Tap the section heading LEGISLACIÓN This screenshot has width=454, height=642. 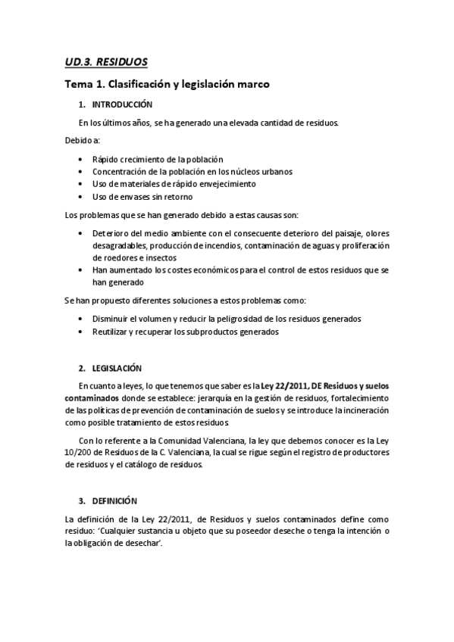pyautogui.click(x=117, y=368)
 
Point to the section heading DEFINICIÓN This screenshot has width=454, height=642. pyautogui.click(x=114, y=500)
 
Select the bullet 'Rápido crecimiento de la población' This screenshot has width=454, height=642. pyautogui.click(x=157, y=159)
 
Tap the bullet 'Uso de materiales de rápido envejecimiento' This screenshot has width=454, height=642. pyautogui.click(x=174, y=184)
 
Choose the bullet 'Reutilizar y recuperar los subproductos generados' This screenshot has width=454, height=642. pyautogui.click(x=185, y=332)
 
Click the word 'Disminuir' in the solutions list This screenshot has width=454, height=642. pyautogui.click(x=111, y=319)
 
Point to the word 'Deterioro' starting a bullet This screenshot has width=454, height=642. pyautogui.click(x=112, y=233)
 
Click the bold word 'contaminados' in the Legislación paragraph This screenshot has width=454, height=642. pyautogui.click(x=92, y=397)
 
